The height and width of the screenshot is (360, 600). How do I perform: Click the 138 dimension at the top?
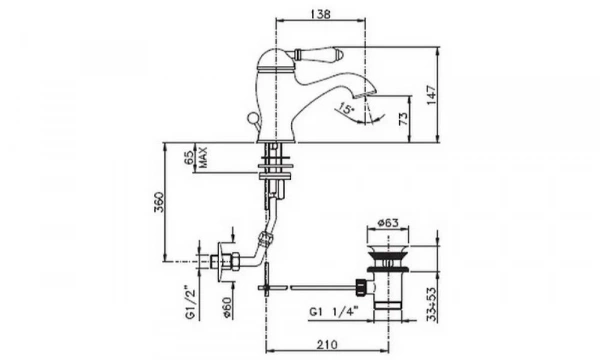[x=318, y=12]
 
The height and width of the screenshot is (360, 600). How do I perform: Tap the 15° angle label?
[x=346, y=107]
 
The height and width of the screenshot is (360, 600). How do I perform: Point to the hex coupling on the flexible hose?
[x=265, y=240]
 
